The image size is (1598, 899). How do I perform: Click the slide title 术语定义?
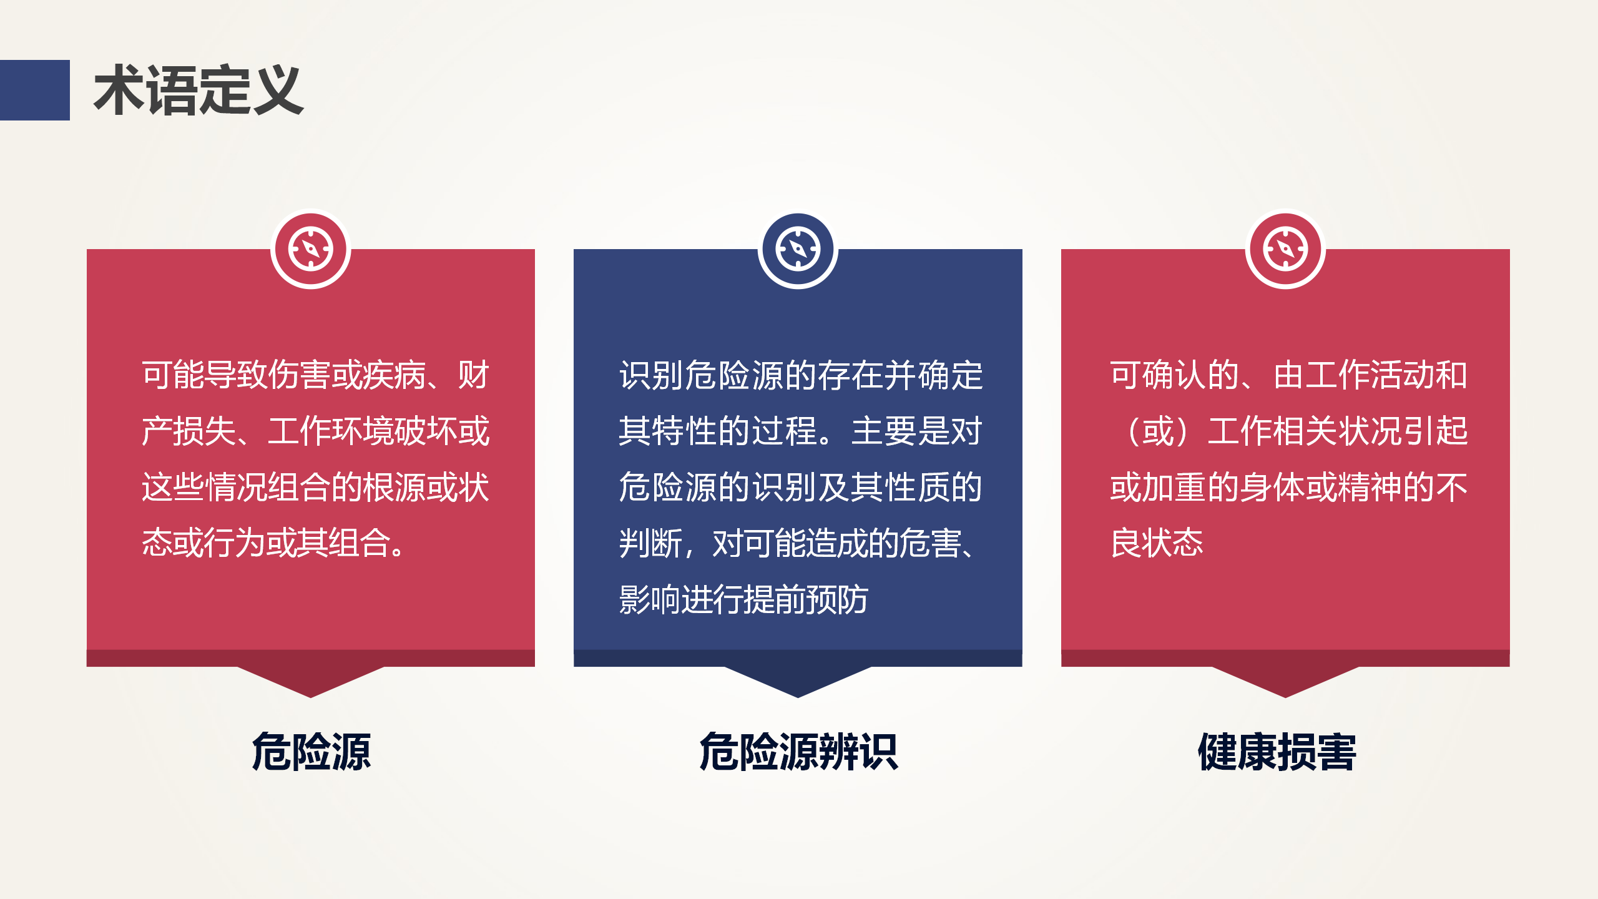point(199,91)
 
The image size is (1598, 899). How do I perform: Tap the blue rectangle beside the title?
point(35,90)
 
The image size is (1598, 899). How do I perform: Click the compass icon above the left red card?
point(311,249)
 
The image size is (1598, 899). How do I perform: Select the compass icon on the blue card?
point(798,249)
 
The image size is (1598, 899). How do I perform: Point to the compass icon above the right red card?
point(1285,249)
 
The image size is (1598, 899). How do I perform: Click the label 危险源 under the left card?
point(311,752)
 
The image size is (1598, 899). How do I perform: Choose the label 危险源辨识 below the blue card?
point(798,752)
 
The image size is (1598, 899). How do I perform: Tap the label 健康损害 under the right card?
point(1277,752)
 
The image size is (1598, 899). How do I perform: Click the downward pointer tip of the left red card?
point(311,697)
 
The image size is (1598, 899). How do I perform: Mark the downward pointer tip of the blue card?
point(798,697)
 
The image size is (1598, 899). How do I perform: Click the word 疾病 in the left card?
point(395,375)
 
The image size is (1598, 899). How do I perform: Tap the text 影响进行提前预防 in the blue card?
point(743,599)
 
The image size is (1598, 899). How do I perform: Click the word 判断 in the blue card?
point(650,543)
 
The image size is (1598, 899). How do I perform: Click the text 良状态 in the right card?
point(1157,543)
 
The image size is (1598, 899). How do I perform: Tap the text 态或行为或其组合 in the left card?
point(267,543)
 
